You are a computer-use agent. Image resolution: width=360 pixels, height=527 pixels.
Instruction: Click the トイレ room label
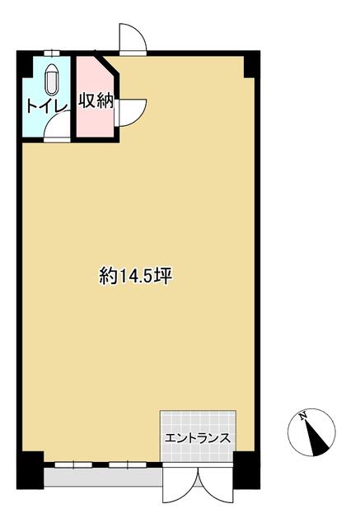click(x=47, y=105)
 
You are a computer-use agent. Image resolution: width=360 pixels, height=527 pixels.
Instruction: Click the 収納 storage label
click(x=96, y=100)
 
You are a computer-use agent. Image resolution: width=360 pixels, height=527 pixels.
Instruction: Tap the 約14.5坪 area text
click(x=136, y=277)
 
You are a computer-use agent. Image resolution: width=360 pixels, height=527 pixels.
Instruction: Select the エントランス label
click(x=198, y=438)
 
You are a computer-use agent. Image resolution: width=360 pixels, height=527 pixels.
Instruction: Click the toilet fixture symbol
click(x=51, y=79)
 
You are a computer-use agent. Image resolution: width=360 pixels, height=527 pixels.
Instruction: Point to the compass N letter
click(x=303, y=415)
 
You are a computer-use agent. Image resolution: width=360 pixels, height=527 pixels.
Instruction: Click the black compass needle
click(x=316, y=438)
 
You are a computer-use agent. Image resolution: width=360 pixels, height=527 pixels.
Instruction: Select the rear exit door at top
click(x=133, y=38)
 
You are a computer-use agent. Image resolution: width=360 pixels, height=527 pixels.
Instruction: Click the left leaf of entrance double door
click(x=180, y=483)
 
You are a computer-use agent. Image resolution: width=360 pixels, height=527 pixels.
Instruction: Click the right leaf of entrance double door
click(x=217, y=483)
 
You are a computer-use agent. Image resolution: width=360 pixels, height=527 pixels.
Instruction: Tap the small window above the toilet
click(x=52, y=53)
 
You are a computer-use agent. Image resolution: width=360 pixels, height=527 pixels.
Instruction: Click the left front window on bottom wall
click(x=73, y=464)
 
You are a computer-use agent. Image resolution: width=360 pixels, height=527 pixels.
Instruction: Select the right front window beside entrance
click(x=128, y=464)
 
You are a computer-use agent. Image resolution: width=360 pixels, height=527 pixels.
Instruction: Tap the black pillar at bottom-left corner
click(x=30, y=470)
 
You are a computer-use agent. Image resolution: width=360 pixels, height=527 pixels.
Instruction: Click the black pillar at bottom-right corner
click(x=246, y=470)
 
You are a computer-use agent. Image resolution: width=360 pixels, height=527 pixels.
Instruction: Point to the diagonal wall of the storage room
click(x=107, y=64)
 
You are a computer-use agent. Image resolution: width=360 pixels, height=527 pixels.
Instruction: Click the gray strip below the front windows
click(x=103, y=478)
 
